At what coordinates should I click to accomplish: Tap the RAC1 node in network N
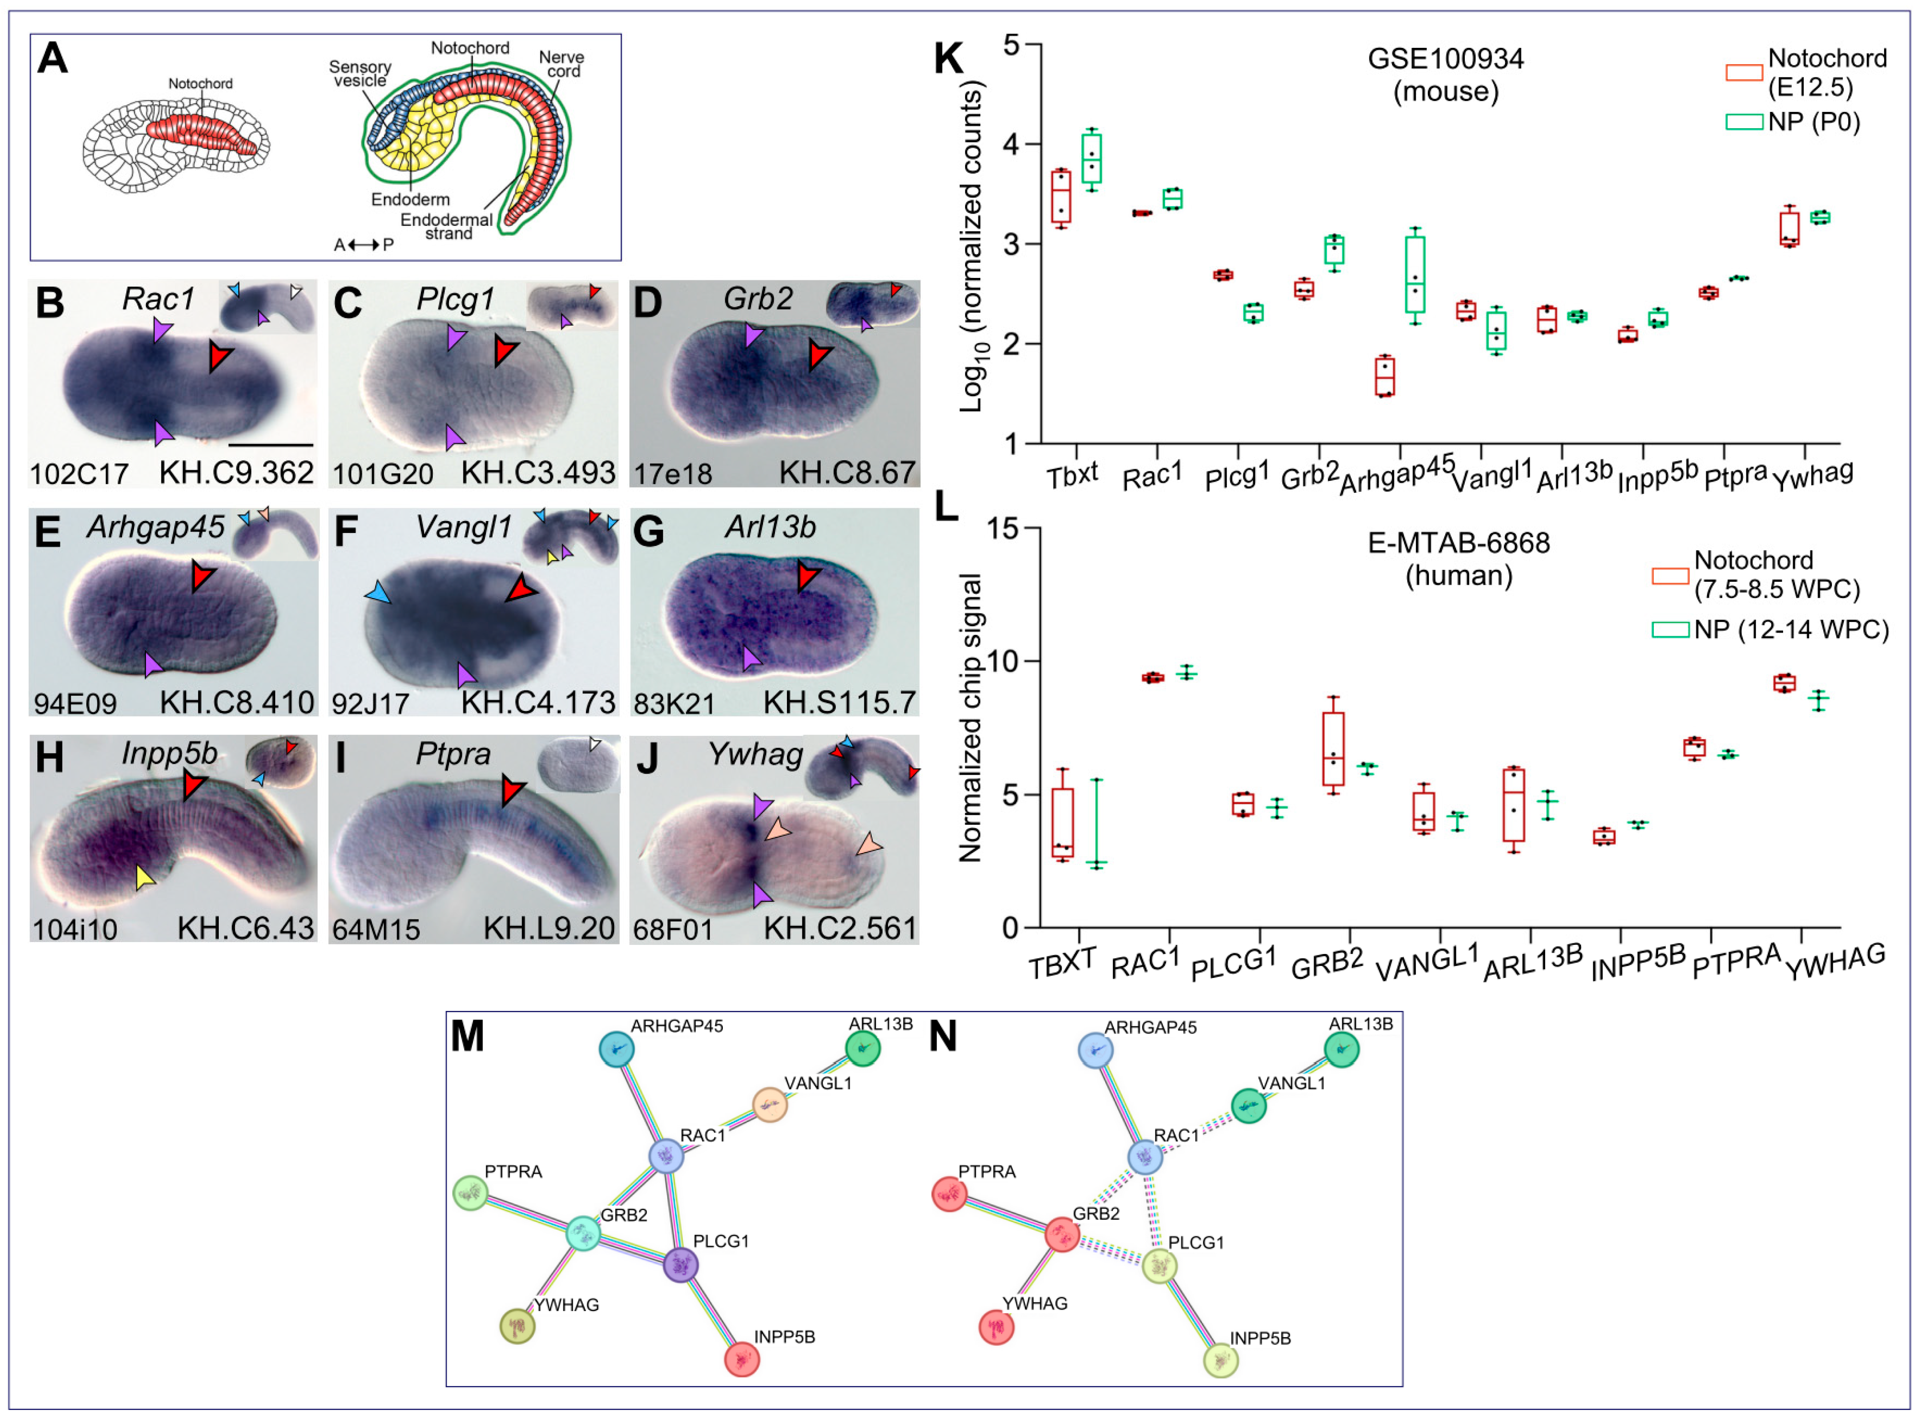click(x=1145, y=1157)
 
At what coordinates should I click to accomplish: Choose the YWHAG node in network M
click(x=517, y=1325)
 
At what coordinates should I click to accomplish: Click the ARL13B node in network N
click(x=1341, y=1050)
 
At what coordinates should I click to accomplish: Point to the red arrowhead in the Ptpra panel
click(x=513, y=789)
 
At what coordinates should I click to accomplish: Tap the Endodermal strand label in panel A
click(x=447, y=227)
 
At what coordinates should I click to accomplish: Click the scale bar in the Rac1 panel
click(x=271, y=444)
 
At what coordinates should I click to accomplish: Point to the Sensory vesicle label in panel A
click(x=359, y=74)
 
